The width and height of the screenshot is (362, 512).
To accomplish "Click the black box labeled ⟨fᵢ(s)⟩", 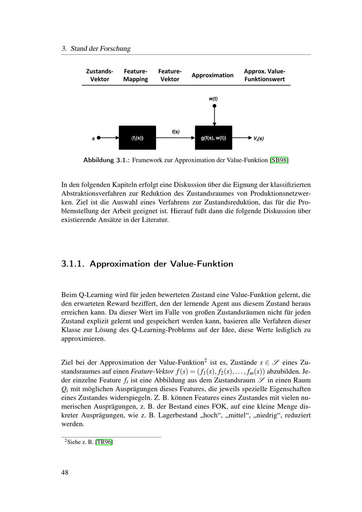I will tap(137, 138).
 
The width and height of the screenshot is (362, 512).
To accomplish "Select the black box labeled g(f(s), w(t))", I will tap(213, 138).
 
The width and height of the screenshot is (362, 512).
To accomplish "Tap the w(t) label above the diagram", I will tap(213, 98).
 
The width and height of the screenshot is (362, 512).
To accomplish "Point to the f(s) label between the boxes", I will tap(176, 132).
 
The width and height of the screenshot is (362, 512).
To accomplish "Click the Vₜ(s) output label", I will tap(258, 138).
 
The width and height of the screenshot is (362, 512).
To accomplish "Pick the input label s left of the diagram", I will tap(93, 138).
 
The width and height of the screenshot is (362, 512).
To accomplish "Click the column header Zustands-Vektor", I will tap(100, 75).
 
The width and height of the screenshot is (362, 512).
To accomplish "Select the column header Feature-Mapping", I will tap(135, 75).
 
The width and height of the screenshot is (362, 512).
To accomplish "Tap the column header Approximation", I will tap(212, 75).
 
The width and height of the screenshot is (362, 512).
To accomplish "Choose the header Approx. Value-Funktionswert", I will tap(264, 75).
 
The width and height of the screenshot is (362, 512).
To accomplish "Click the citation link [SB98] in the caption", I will tap(279, 160).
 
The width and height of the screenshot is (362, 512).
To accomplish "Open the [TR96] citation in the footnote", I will tap(104, 442).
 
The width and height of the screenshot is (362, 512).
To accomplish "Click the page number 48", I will tap(65, 472).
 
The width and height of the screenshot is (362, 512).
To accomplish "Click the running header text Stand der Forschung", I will tap(100, 49).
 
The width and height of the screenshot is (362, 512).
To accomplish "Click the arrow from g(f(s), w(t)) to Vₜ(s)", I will tap(242, 138).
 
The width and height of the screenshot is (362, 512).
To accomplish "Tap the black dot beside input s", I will tap(99, 138).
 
